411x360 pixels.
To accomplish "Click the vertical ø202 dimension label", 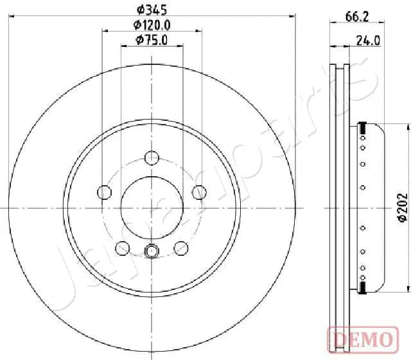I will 403,208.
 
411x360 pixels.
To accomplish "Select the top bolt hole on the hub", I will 152,157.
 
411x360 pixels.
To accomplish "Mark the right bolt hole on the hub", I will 200,192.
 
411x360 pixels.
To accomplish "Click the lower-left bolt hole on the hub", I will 121,248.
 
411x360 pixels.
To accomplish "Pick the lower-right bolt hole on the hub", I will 182,248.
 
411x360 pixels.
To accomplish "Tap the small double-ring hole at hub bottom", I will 152,252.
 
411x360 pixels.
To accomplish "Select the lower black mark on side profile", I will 363,286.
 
